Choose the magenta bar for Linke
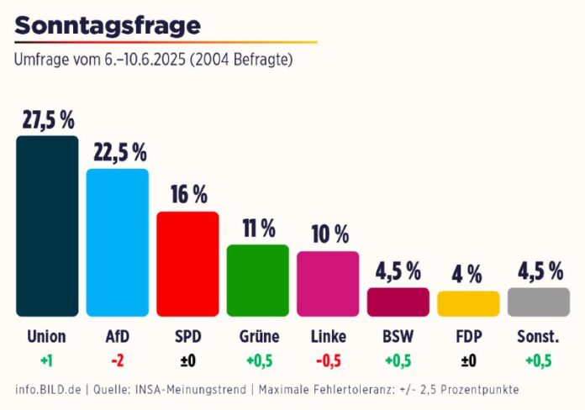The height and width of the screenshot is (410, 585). (x=328, y=283)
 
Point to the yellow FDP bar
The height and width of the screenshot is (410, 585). (x=468, y=303)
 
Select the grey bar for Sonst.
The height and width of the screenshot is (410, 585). (x=539, y=302)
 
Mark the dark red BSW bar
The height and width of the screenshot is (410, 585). (x=398, y=302)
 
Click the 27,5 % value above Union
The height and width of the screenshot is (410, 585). (x=47, y=120)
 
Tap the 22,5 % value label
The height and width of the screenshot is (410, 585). (x=118, y=153)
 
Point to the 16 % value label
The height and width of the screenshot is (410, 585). (x=187, y=195)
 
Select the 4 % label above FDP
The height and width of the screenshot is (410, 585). (x=468, y=275)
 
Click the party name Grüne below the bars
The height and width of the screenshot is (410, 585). (x=258, y=337)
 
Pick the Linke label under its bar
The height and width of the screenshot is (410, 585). (x=328, y=337)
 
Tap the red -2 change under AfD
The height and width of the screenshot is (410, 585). (x=118, y=361)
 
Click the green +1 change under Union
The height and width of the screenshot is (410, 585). (x=47, y=361)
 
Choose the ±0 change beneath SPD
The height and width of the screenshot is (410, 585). (x=187, y=361)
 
